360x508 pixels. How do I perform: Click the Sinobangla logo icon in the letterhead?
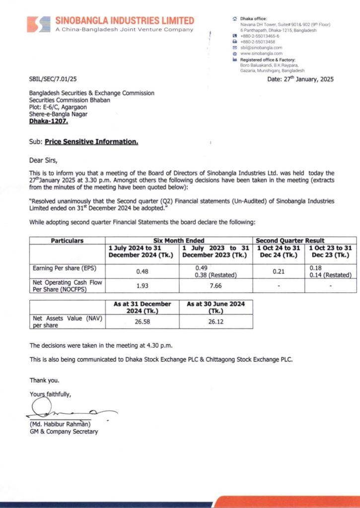tap(38, 24)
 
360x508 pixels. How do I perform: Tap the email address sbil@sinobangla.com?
tap(261, 48)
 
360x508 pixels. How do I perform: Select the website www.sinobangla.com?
tap(261, 53)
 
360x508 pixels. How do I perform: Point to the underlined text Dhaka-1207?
tap(49, 121)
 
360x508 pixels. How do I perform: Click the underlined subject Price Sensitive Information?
tap(91, 142)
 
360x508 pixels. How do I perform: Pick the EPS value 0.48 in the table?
tap(143, 271)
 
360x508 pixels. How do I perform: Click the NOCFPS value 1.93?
tap(143, 286)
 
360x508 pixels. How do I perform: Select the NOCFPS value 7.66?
tap(216, 286)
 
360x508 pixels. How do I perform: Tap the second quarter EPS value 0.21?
tap(279, 271)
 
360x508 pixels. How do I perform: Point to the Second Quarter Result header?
tap(304, 241)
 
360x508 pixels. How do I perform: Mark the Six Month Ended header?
tap(180, 241)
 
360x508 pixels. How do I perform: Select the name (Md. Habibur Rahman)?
tap(60, 425)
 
